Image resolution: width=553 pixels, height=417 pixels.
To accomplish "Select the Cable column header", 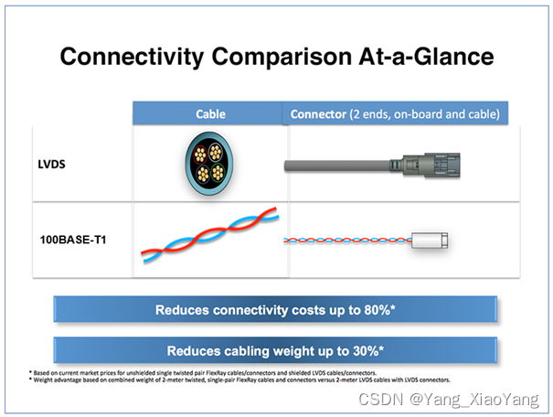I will click(210, 114).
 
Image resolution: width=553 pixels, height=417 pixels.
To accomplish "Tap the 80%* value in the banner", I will click(375, 310).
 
